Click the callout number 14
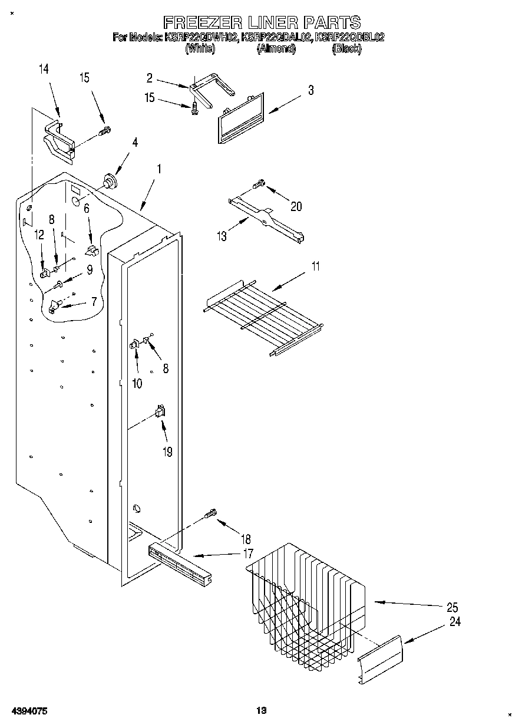(44, 70)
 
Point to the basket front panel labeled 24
(381, 660)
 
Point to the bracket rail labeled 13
(268, 219)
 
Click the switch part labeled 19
(159, 412)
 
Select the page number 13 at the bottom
(261, 711)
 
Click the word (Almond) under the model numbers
(275, 50)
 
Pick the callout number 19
(167, 452)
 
